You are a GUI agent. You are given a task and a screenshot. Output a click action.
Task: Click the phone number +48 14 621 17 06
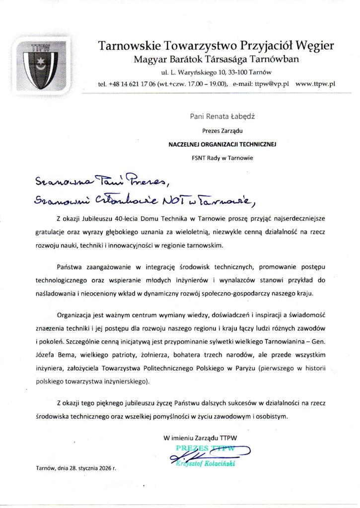(131, 83)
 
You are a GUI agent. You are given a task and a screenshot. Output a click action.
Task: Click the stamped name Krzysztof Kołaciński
(204, 463)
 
